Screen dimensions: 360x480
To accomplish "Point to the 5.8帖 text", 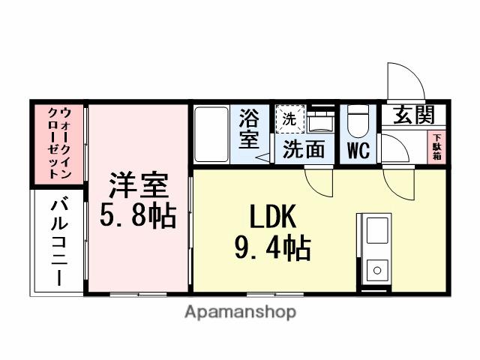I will tap(138, 216).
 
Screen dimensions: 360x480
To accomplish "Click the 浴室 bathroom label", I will tap(249, 129).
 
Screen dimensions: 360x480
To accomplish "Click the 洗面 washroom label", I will tap(304, 149).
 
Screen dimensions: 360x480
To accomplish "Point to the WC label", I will tap(358, 150).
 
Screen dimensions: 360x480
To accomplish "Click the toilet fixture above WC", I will tap(358, 120).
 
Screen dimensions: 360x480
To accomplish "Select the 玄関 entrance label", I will tap(410, 116).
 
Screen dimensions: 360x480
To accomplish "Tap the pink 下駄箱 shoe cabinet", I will tap(436, 146).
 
